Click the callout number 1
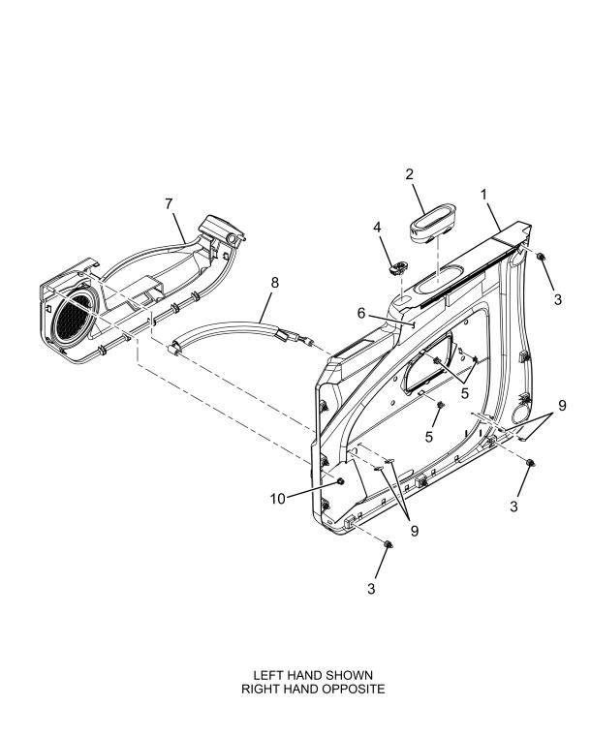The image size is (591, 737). tap(483, 194)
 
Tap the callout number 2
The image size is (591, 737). tap(410, 174)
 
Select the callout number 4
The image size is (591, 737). tap(377, 227)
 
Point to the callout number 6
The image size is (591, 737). tap(361, 313)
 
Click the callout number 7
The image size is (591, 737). tap(169, 204)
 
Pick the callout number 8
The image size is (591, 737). tap(274, 283)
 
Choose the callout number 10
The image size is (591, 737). tap(278, 499)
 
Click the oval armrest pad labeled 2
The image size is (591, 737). tap(431, 224)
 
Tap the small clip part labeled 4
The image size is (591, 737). tap(398, 268)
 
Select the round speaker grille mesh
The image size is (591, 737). tap(72, 319)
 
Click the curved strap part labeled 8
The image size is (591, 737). tap(235, 330)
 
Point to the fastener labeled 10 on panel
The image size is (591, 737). tap(339, 481)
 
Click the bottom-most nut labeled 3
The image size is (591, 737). tap(388, 544)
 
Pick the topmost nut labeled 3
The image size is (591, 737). tap(541, 257)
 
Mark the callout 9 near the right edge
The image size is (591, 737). tap(562, 406)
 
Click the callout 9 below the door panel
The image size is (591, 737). tap(415, 531)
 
